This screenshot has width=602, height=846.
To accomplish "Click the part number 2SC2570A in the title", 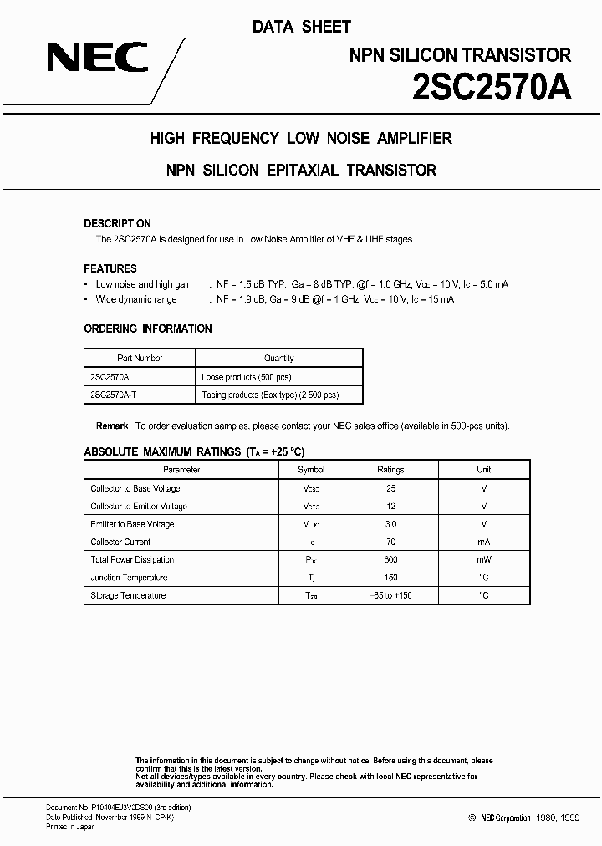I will click(x=491, y=88).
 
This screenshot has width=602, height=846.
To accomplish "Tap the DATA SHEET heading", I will click(x=301, y=28).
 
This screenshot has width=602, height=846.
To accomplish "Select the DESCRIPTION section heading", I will click(x=118, y=224).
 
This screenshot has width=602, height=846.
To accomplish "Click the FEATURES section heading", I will click(x=110, y=268).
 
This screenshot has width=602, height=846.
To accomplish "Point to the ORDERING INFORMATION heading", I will click(x=148, y=329).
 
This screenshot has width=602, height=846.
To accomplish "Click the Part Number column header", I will click(x=140, y=358).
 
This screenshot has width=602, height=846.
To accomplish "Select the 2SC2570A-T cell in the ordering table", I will click(x=115, y=394).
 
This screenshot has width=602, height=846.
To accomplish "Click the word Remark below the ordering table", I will click(x=112, y=426).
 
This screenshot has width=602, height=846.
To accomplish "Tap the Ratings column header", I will click(x=390, y=470).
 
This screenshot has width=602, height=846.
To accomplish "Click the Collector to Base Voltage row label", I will click(x=135, y=488).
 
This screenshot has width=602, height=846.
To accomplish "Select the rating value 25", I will click(x=390, y=488).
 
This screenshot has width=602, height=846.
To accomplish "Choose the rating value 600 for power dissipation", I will click(x=390, y=559).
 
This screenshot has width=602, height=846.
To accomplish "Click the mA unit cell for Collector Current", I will click(x=484, y=542).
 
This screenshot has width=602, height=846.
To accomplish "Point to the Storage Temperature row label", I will click(x=128, y=595).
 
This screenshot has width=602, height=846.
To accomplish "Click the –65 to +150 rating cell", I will click(x=390, y=595).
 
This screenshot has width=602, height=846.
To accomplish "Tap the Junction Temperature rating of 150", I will click(x=390, y=578).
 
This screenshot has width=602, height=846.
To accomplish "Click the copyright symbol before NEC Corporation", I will click(x=472, y=818).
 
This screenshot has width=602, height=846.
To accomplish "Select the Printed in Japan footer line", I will click(x=69, y=827).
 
